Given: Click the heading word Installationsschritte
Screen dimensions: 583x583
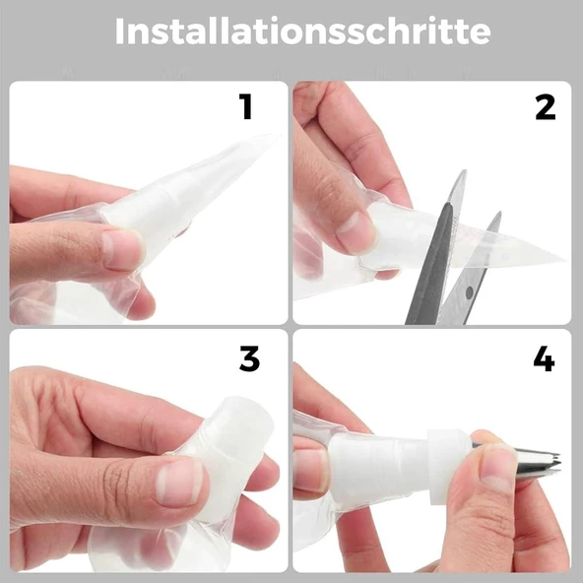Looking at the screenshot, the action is coord(302,32).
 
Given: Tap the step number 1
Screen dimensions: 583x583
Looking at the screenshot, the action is coord(246,106).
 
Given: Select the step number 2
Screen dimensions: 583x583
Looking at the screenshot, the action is coord(545,107).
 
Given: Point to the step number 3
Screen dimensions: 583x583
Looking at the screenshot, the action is coord(249,358).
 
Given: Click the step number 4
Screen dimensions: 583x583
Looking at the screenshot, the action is coord(544,358).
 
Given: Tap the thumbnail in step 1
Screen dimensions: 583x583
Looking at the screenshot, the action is coord(122,249).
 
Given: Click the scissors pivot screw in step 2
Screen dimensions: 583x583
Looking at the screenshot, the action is coord(470,292).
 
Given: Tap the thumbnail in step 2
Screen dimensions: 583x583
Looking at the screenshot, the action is coord(354,233).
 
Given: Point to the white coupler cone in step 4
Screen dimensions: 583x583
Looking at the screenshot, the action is coord(378,464).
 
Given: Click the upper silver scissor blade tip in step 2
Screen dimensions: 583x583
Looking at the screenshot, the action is coord(464,171).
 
